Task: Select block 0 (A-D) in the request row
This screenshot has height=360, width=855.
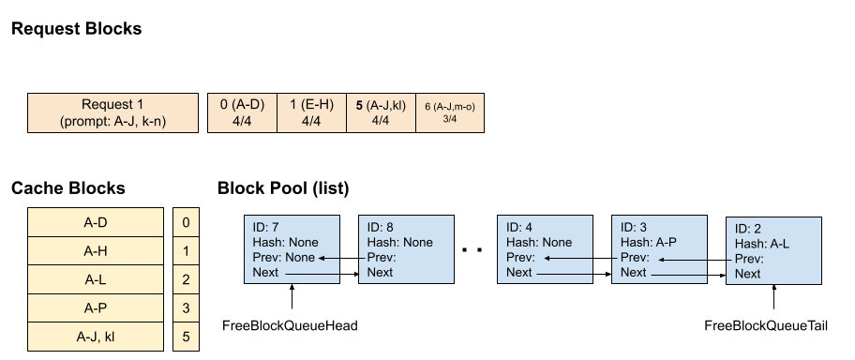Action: [243, 112]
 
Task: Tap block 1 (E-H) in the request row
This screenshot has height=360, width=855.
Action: [311, 112]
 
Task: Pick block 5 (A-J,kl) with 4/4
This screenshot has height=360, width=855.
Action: [381, 112]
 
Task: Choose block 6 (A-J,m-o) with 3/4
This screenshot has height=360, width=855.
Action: [449, 112]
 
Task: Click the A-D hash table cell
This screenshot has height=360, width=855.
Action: [94, 222]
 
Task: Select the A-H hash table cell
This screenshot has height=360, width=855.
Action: [94, 251]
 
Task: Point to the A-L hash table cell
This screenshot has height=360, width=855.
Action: [94, 279]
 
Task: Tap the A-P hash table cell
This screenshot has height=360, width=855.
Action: [94, 307]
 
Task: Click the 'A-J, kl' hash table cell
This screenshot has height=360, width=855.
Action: [94, 335]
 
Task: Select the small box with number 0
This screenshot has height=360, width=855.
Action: [187, 222]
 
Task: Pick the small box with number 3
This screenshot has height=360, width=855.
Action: [187, 307]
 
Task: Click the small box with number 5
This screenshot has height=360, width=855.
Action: [187, 335]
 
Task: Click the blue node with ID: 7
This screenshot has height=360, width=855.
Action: [291, 249]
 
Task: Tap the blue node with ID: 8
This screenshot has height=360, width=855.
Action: [406, 249]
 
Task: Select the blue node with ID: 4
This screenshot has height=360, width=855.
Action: [545, 249]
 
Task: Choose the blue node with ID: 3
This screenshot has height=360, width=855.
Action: [659, 249]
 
